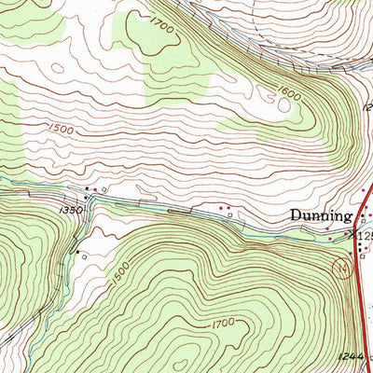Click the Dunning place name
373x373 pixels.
point(319,216)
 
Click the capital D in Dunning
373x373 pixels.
point(294,215)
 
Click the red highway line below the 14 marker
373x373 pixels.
point(362,308)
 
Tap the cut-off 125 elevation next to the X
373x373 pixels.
point(365,237)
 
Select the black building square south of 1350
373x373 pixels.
point(75,249)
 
